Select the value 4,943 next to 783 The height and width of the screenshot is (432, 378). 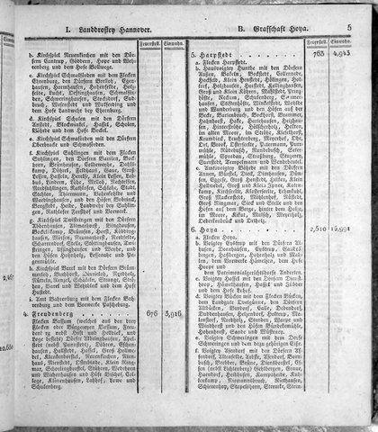point(347,54)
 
